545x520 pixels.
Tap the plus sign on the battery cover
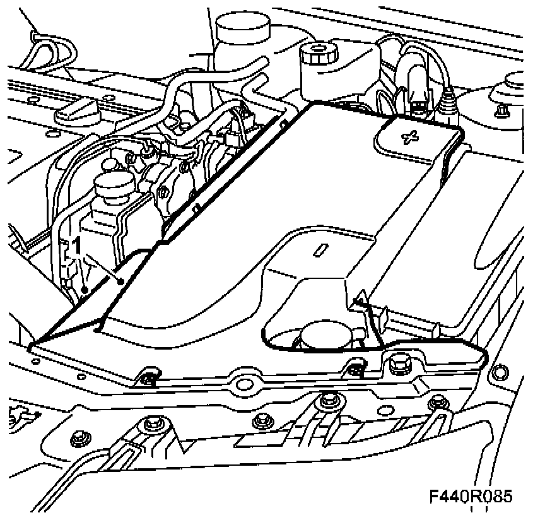(411, 136)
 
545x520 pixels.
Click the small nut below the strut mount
(502, 112)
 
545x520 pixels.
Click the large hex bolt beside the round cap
(399, 363)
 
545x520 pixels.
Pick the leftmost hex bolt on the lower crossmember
(80, 437)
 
